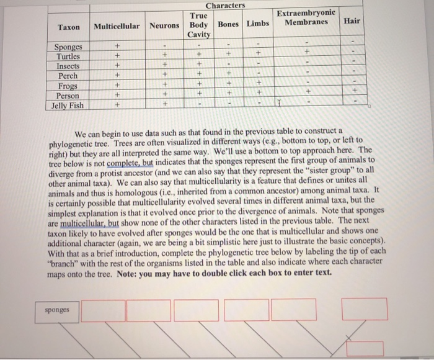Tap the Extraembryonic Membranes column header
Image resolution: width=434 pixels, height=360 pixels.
coord(306,17)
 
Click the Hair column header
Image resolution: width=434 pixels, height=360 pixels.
coord(352,20)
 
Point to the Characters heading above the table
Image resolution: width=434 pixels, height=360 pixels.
coord(226,6)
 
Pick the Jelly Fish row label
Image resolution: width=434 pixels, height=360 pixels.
coord(68,106)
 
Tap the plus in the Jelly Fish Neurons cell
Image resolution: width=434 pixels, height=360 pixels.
coord(164,105)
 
